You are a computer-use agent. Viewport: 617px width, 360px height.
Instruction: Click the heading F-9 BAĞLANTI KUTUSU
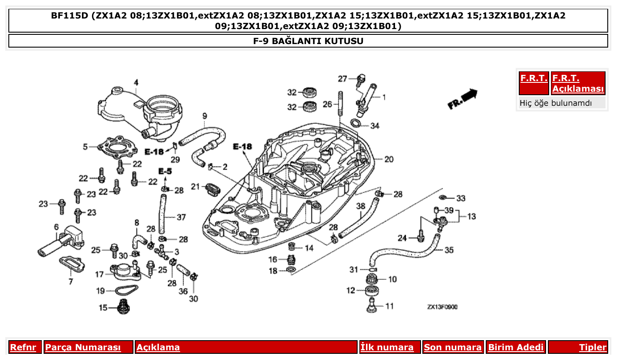308,41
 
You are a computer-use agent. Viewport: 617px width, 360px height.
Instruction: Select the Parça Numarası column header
83,347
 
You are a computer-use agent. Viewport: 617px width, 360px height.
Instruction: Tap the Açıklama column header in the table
158,347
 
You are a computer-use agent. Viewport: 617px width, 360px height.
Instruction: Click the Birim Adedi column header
516,347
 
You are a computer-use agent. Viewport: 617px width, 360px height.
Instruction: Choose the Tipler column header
592,347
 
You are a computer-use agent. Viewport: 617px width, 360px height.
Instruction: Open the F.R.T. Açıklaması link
578,83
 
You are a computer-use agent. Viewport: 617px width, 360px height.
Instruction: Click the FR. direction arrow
462,99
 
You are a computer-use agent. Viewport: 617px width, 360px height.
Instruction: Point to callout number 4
136,82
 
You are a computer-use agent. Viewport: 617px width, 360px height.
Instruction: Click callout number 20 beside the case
388,160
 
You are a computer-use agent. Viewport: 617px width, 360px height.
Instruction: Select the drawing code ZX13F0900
442,307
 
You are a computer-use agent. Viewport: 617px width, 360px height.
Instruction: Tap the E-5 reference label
165,171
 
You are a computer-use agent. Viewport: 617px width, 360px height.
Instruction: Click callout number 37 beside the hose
181,217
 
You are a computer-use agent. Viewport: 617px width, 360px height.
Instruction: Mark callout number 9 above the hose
204,116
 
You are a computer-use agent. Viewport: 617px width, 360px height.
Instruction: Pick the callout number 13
471,217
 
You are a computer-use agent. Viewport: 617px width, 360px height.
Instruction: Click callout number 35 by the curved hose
449,250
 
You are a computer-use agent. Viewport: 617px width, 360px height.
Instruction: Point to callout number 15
103,308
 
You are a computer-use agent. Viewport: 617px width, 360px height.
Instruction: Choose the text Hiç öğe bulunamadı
555,103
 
